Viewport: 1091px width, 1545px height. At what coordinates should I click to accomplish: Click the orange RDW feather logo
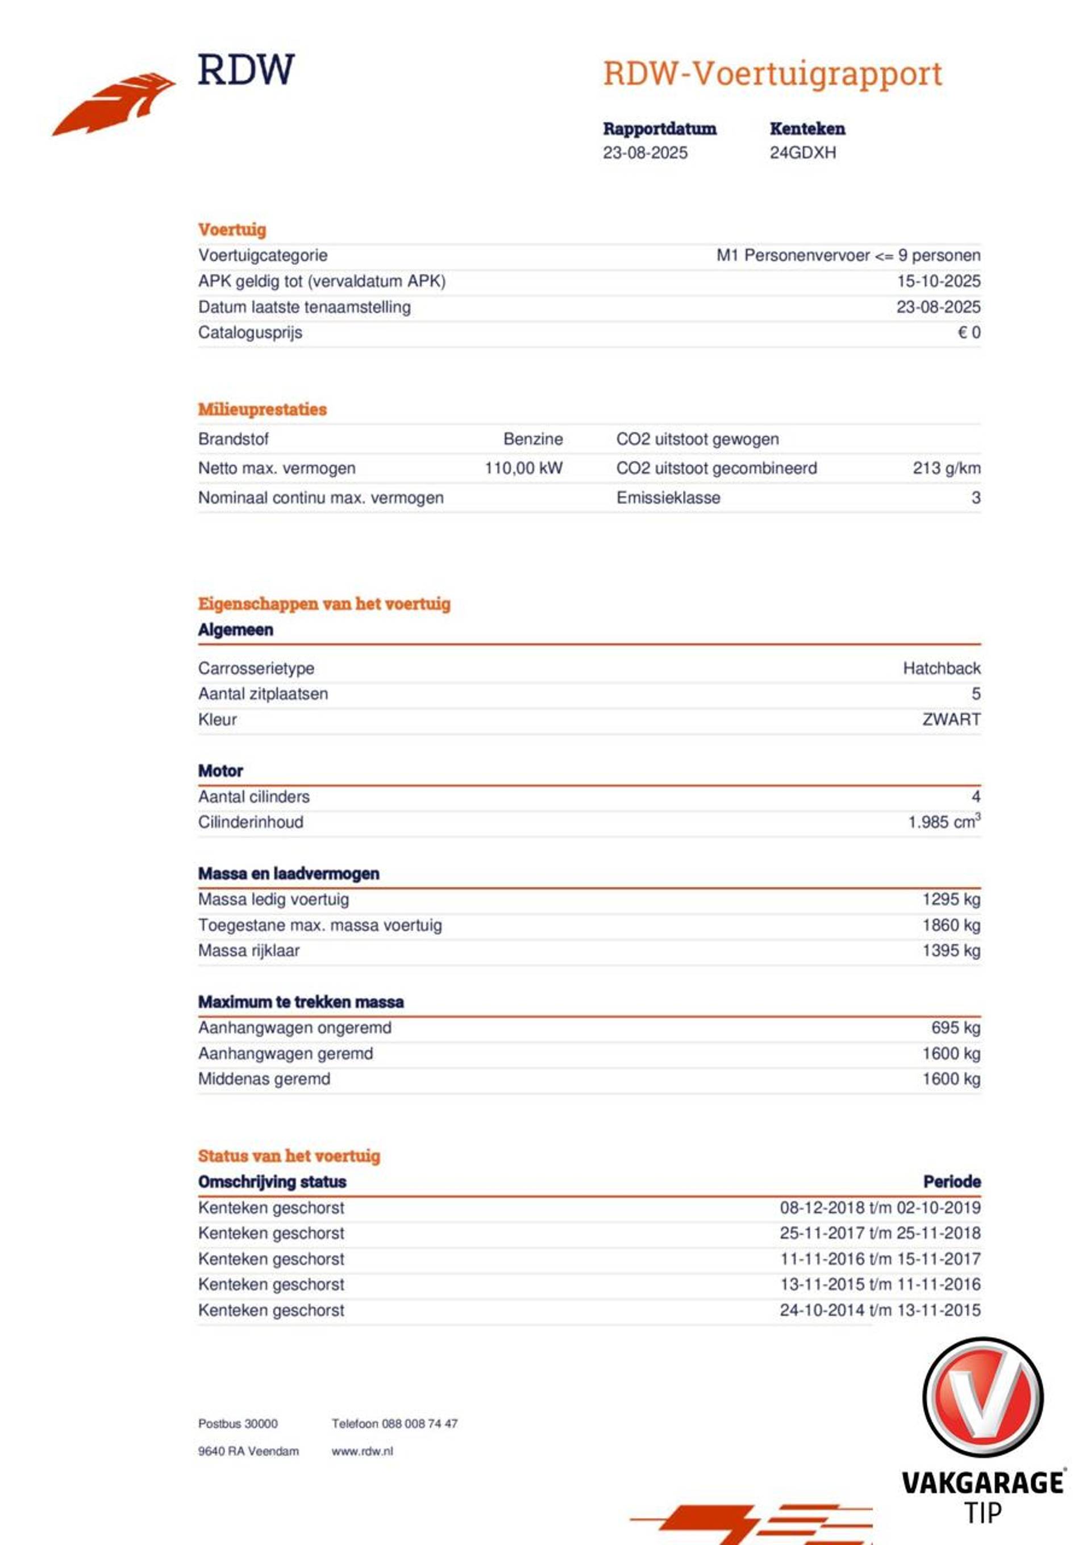[x=113, y=105]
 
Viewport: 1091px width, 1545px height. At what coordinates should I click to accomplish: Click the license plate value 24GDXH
[x=802, y=153]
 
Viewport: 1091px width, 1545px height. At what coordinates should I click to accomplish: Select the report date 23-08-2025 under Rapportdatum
[x=645, y=153]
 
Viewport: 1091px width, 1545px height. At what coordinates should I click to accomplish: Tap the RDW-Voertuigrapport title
[x=772, y=73]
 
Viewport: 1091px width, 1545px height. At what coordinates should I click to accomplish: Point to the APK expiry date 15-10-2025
[x=938, y=281]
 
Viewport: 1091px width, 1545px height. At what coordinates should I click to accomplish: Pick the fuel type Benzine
[x=533, y=439]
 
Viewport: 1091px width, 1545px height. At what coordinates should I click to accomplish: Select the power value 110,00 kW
[x=524, y=468]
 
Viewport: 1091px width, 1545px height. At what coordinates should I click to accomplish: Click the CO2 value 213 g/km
[x=946, y=468]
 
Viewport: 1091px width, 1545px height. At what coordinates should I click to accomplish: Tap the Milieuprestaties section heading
[x=262, y=409]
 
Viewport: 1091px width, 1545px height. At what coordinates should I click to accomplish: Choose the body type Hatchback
[x=941, y=668]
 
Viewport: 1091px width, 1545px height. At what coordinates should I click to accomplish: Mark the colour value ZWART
[x=951, y=719]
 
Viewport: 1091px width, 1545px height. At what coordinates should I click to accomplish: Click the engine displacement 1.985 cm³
[x=944, y=822]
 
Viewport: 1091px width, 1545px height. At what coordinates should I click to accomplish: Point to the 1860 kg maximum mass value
[x=951, y=925]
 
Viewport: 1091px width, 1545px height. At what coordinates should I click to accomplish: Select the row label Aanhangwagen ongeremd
[x=294, y=1027]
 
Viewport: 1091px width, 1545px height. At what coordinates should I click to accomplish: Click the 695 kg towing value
[x=955, y=1027]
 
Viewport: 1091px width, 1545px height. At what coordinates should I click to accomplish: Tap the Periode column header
[x=951, y=1182]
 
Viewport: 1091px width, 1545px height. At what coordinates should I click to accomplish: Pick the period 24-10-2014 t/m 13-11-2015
[x=880, y=1310]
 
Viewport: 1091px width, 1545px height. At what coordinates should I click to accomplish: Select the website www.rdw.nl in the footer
[x=362, y=1451]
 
